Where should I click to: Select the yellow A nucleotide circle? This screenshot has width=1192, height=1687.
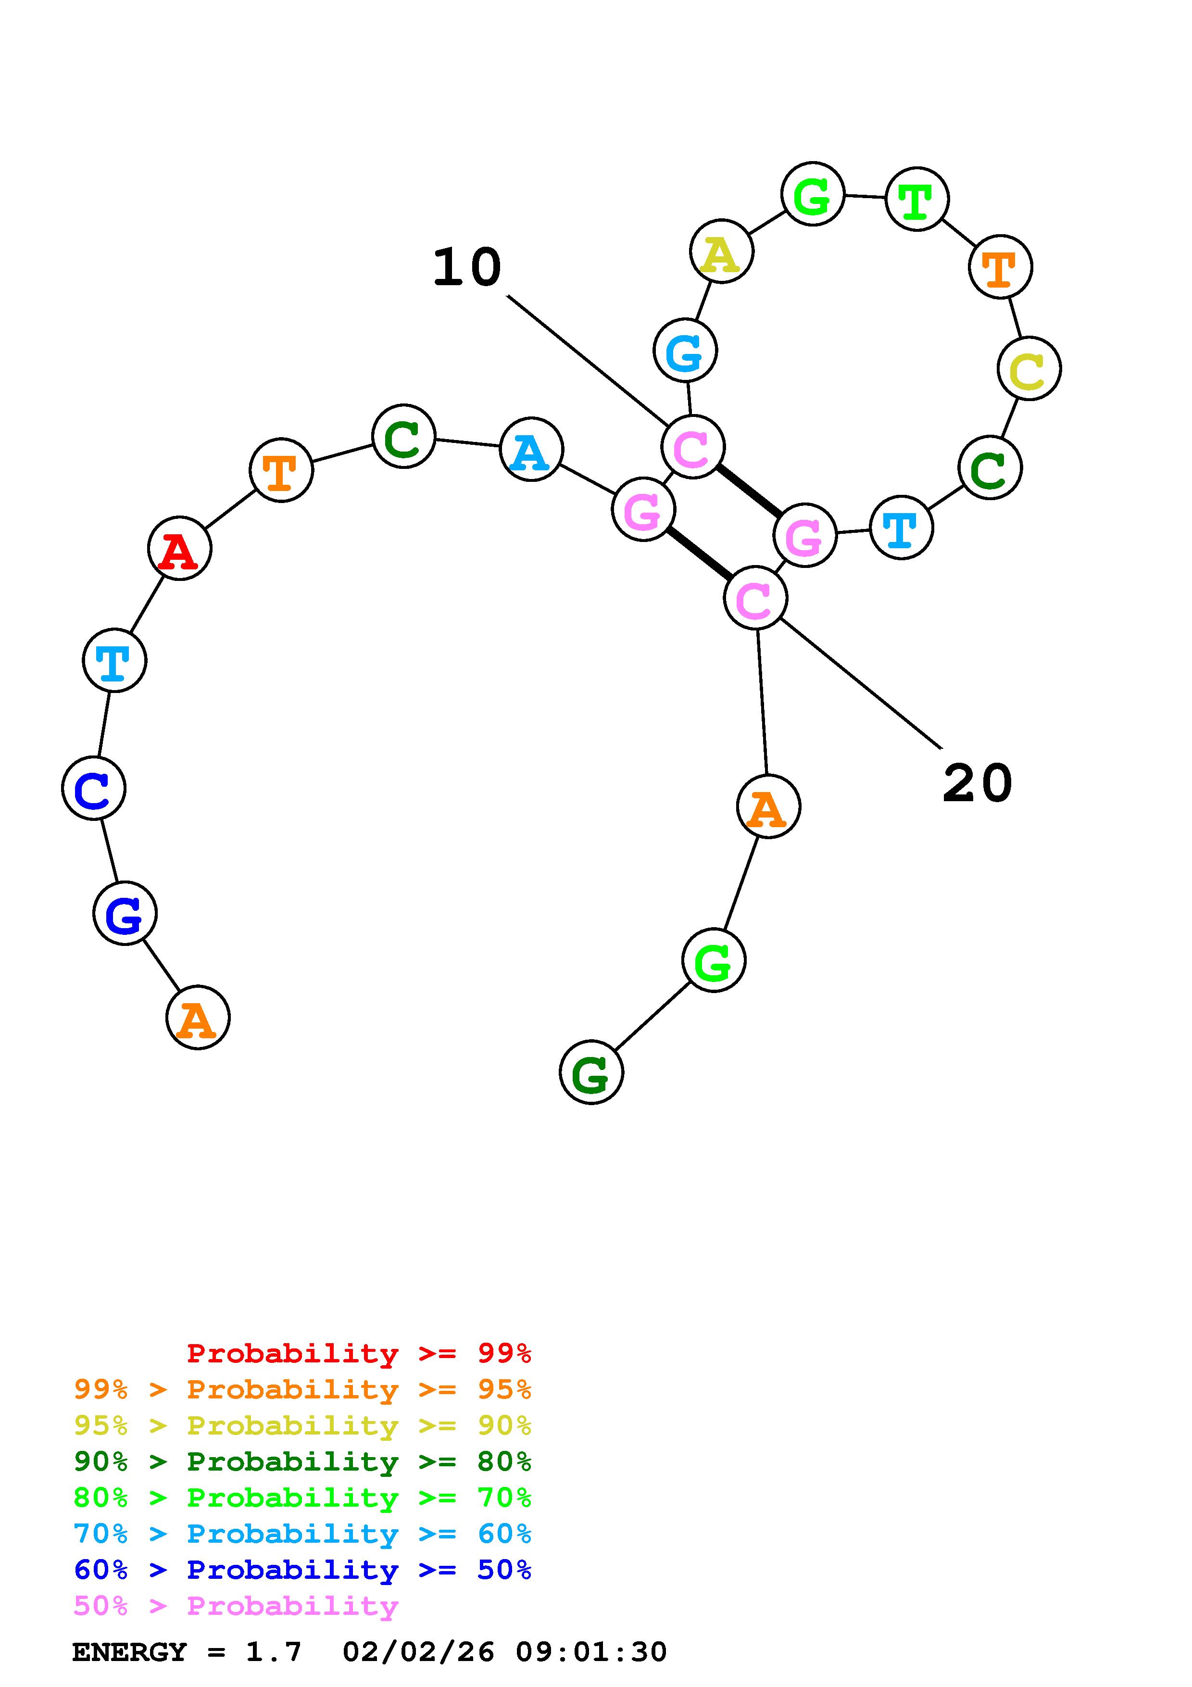pos(721,252)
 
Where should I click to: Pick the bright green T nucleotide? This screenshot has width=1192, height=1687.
pos(916,199)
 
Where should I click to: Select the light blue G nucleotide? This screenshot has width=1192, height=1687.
pos(685,351)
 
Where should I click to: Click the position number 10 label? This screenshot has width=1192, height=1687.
pos(467,267)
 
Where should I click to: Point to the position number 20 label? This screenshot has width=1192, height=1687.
pos(977,783)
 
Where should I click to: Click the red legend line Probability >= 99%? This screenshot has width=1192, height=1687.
pos(359,1353)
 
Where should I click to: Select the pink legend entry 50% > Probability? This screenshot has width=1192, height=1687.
pos(236,1606)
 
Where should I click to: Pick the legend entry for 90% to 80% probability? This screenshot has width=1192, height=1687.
pos(302,1461)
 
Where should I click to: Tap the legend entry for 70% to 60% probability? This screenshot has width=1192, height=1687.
pos(302,1534)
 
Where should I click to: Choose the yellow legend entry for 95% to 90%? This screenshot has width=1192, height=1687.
pos(302,1425)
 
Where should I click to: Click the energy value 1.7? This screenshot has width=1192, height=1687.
pos(273,1652)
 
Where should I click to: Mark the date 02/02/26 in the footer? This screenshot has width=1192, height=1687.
pos(419,1652)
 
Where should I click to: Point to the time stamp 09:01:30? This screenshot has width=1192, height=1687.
pos(591,1652)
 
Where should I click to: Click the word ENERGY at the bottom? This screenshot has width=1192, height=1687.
pos(129,1652)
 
